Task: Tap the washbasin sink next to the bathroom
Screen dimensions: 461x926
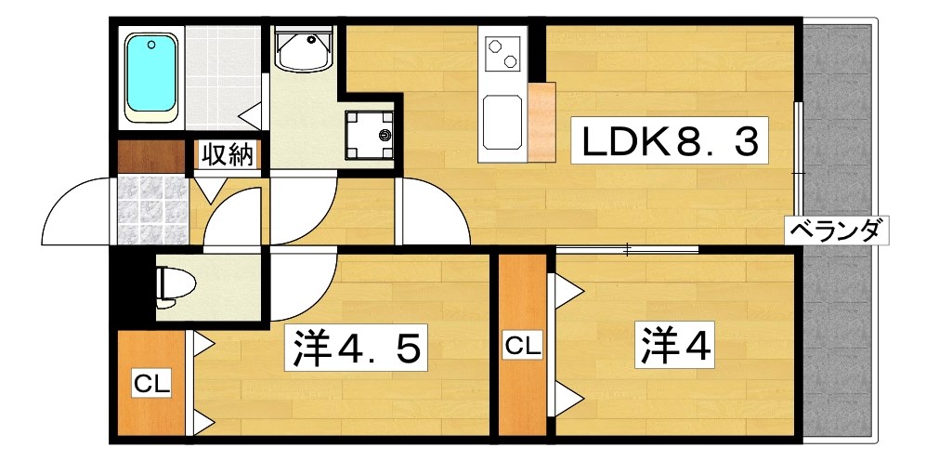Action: (x=304, y=48)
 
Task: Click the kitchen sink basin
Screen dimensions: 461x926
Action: (x=502, y=123)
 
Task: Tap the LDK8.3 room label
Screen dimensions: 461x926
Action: (x=670, y=142)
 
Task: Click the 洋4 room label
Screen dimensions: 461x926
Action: (x=675, y=345)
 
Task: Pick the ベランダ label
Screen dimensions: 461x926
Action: (x=834, y=229)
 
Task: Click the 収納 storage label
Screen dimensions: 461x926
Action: (x=228, y=154)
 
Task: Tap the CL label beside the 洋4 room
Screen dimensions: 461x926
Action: (x=522, y=347)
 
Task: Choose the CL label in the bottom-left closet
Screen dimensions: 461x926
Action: (x=150, y=383)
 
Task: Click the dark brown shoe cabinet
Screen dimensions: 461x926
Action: (x=150, y=155)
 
